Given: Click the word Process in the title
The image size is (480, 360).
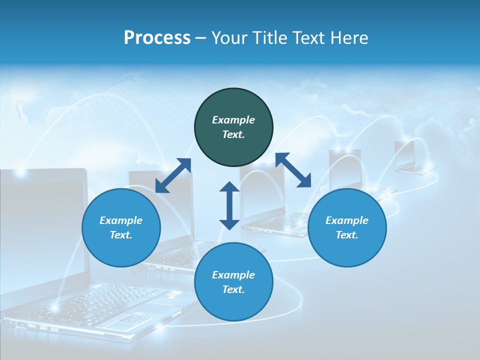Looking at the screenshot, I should [x=157, y=38].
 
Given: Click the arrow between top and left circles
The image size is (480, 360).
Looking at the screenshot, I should [x=173, y=175].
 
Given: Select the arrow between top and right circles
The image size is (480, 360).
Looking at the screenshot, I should [x=293, y=170].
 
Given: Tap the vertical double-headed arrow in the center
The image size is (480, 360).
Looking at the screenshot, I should [x=229, y=205].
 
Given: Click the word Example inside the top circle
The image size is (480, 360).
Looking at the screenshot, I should [x=233, y=120].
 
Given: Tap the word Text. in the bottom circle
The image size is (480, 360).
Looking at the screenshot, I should [x=233, y=289].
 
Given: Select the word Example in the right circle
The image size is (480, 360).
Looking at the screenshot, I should [x=347, y=220].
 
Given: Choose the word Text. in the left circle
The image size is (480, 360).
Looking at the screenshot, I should [x=121, y=235].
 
